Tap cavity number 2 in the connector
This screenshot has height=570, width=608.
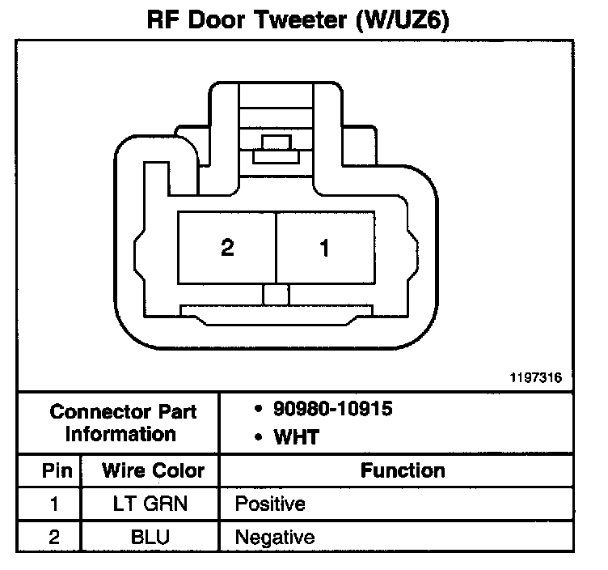(227, 248)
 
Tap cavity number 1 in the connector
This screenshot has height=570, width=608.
(324, 248)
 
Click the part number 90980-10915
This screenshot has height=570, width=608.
(333, 409)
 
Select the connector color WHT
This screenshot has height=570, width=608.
(297, 438)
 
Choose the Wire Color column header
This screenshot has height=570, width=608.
(153, 470)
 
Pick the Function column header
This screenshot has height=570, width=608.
(403, 470)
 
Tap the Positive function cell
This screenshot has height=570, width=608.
(270, 504)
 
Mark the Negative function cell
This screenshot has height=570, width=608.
(274, 536)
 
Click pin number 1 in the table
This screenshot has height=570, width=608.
(53, 504)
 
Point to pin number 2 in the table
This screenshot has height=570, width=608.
(53, 536)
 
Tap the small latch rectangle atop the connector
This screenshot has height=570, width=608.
(275, 144)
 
